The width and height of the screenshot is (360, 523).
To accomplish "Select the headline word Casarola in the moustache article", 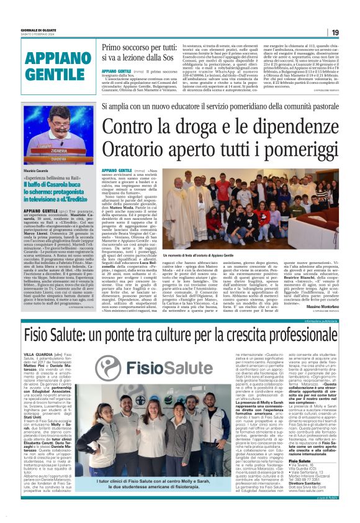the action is coord(66,186).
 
